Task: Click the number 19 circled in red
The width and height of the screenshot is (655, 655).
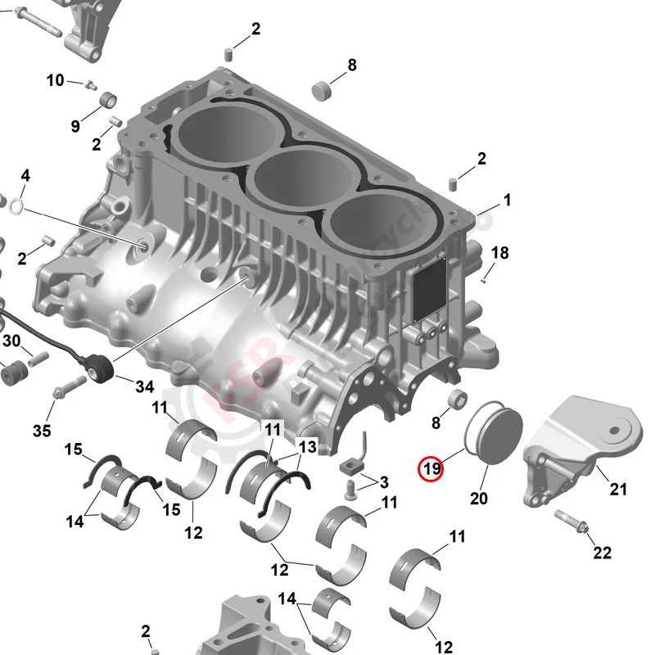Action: pyautogui.click(x=431, y=469)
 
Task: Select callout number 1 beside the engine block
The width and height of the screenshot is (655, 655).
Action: pyautogui.click(x=507, y=200)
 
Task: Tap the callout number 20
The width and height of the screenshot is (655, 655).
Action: pyautogui.click(x=479, y=498)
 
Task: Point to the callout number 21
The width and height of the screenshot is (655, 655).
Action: pyautogui.click(x=618, y=490)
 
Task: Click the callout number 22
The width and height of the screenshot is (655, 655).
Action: pyautogui.click(x=602, y=553)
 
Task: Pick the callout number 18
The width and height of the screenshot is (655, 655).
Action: pyautogui.click(x=499, y=252)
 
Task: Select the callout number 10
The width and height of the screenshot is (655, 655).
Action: pyautogui.click(x=55, y=80)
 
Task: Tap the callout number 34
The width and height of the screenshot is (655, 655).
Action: pyautogui.click(x=144, y=386)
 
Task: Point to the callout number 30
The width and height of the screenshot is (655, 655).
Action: pyautogui.click(x=11, y=341)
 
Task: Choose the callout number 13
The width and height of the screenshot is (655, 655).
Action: pyautogui.click(x=306, y=447)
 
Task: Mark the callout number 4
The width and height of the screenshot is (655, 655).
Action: pyautogui.click(x=25, y=175)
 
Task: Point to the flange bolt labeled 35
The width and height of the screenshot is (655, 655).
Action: pyautogui.click(x=59, y=394)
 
